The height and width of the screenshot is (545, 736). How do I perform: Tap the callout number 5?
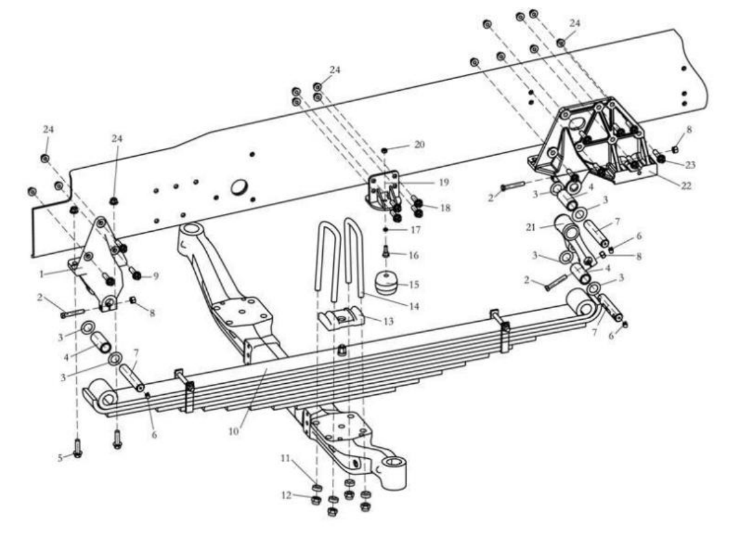point(61,458)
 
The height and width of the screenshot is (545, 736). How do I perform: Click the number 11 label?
point(284,459)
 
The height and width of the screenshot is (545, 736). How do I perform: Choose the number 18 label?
point(446,208)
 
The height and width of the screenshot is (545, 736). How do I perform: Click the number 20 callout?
point(419,144)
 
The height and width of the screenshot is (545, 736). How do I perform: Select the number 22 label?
point(684,186)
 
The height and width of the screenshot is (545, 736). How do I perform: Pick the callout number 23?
point(690,164)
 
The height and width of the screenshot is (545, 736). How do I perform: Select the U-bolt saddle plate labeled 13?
point(339,319)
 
